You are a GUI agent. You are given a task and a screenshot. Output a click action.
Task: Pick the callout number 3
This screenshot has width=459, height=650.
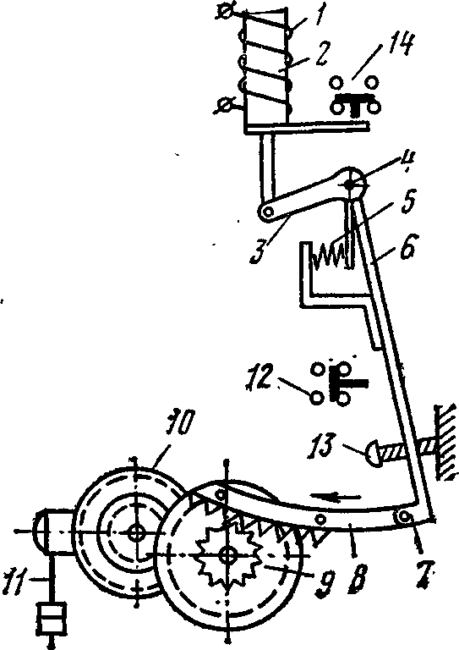tap(260, 250)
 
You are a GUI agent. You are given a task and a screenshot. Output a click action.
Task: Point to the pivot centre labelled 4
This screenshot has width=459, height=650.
tap(350, 185)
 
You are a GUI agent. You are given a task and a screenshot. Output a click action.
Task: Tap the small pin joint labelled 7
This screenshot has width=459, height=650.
tap(403, 516)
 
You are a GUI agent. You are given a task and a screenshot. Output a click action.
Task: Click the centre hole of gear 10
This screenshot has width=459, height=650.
tap(136, 532)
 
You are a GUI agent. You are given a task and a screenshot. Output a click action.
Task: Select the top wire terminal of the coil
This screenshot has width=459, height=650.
tap(225, 13)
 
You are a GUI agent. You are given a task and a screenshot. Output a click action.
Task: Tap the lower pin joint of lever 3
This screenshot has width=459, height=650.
tap(267, 212)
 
